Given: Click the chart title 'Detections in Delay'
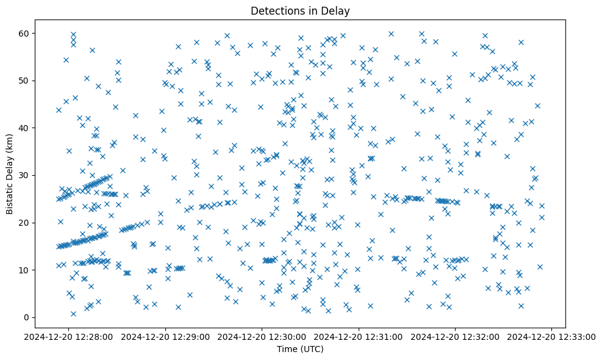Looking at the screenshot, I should click(x=300, y=11).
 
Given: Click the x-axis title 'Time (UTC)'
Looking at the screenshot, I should click(x=300, y=350).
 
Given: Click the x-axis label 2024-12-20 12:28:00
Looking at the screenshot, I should click(x=69, y=336).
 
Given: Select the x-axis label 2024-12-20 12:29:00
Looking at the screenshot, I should click(x=166, y=336).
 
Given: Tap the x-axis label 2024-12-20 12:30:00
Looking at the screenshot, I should click(x=262, y=336).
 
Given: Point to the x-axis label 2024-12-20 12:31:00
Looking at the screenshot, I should click(x=359, y=336).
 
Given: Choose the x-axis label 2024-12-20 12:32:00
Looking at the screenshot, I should click(x=456, y=336).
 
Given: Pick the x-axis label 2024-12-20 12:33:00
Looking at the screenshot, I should click(x=553, y=336).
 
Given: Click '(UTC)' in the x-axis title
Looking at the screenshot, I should click(x=312, y=350).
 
